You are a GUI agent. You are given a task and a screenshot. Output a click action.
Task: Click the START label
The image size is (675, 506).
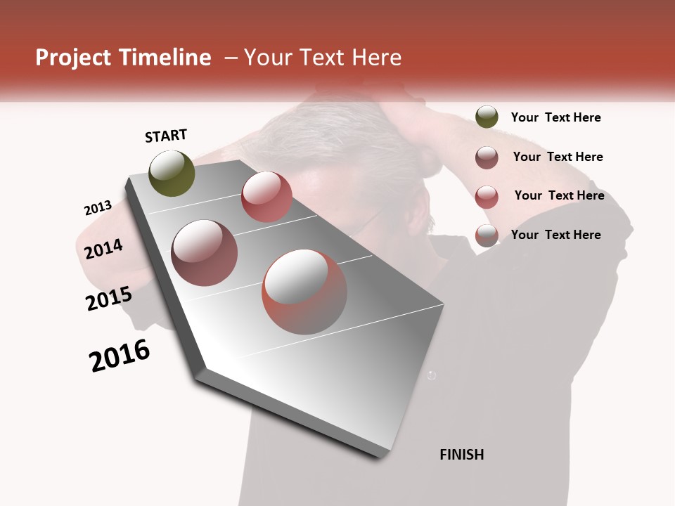166,136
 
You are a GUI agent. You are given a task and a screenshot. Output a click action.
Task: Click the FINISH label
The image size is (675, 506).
461,455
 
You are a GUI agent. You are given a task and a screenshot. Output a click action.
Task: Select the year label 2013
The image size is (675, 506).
98,208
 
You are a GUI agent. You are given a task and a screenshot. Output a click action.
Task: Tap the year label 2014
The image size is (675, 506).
103,249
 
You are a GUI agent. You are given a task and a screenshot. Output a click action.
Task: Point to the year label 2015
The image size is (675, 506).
109,299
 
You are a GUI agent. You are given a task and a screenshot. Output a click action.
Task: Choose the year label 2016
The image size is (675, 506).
120,356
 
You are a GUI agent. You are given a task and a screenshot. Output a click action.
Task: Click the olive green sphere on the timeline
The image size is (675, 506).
172,173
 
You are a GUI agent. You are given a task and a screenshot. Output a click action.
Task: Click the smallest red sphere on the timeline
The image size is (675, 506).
266,197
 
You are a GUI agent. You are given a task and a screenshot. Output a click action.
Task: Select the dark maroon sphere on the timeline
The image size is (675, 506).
205,253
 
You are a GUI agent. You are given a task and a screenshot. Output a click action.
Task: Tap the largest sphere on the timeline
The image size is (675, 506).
304,292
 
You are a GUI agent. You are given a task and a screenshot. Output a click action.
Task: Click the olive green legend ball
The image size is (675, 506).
487,117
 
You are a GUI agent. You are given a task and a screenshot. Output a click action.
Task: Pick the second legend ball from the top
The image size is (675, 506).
487,157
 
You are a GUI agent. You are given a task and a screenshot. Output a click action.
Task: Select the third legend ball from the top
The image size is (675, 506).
487,196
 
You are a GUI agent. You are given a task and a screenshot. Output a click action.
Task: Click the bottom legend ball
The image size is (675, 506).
487,235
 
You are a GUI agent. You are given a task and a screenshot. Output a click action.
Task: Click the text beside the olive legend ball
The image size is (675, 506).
555,117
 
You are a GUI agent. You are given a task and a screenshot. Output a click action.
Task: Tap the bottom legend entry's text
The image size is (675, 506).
555,235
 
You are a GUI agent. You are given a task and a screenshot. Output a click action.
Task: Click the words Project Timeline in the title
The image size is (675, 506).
123,58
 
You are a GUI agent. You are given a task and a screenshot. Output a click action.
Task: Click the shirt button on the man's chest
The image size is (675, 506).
432,375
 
